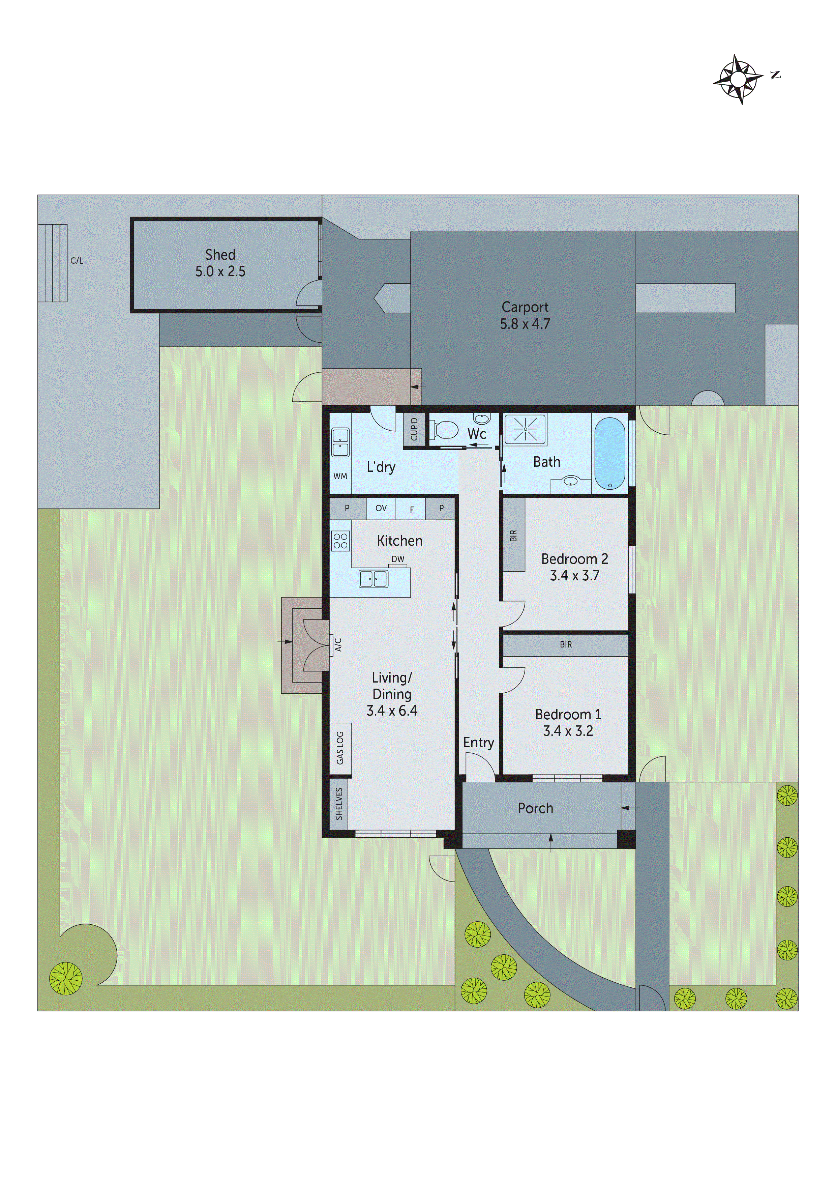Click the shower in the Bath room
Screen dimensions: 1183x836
click(x=525, y=429)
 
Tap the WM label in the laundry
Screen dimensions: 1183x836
click(x=340, y=476)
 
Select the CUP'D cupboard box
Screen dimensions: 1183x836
click(x=414, y=429)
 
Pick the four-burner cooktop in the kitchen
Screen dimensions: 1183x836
click(x=340, y=541)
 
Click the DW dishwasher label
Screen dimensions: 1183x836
click(x=398, y=559)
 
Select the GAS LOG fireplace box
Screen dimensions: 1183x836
click(x=340, y=748)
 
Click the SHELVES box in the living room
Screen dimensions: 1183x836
click(x=339, y=803)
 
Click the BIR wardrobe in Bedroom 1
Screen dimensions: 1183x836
click(x=566, y=644)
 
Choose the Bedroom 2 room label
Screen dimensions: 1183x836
click(x=574, y=559)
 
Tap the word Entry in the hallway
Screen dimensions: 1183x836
click(x=478, y=743)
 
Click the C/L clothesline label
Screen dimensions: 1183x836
click(x=77, y=261)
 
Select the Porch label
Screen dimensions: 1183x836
click(x=535, y=808)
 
